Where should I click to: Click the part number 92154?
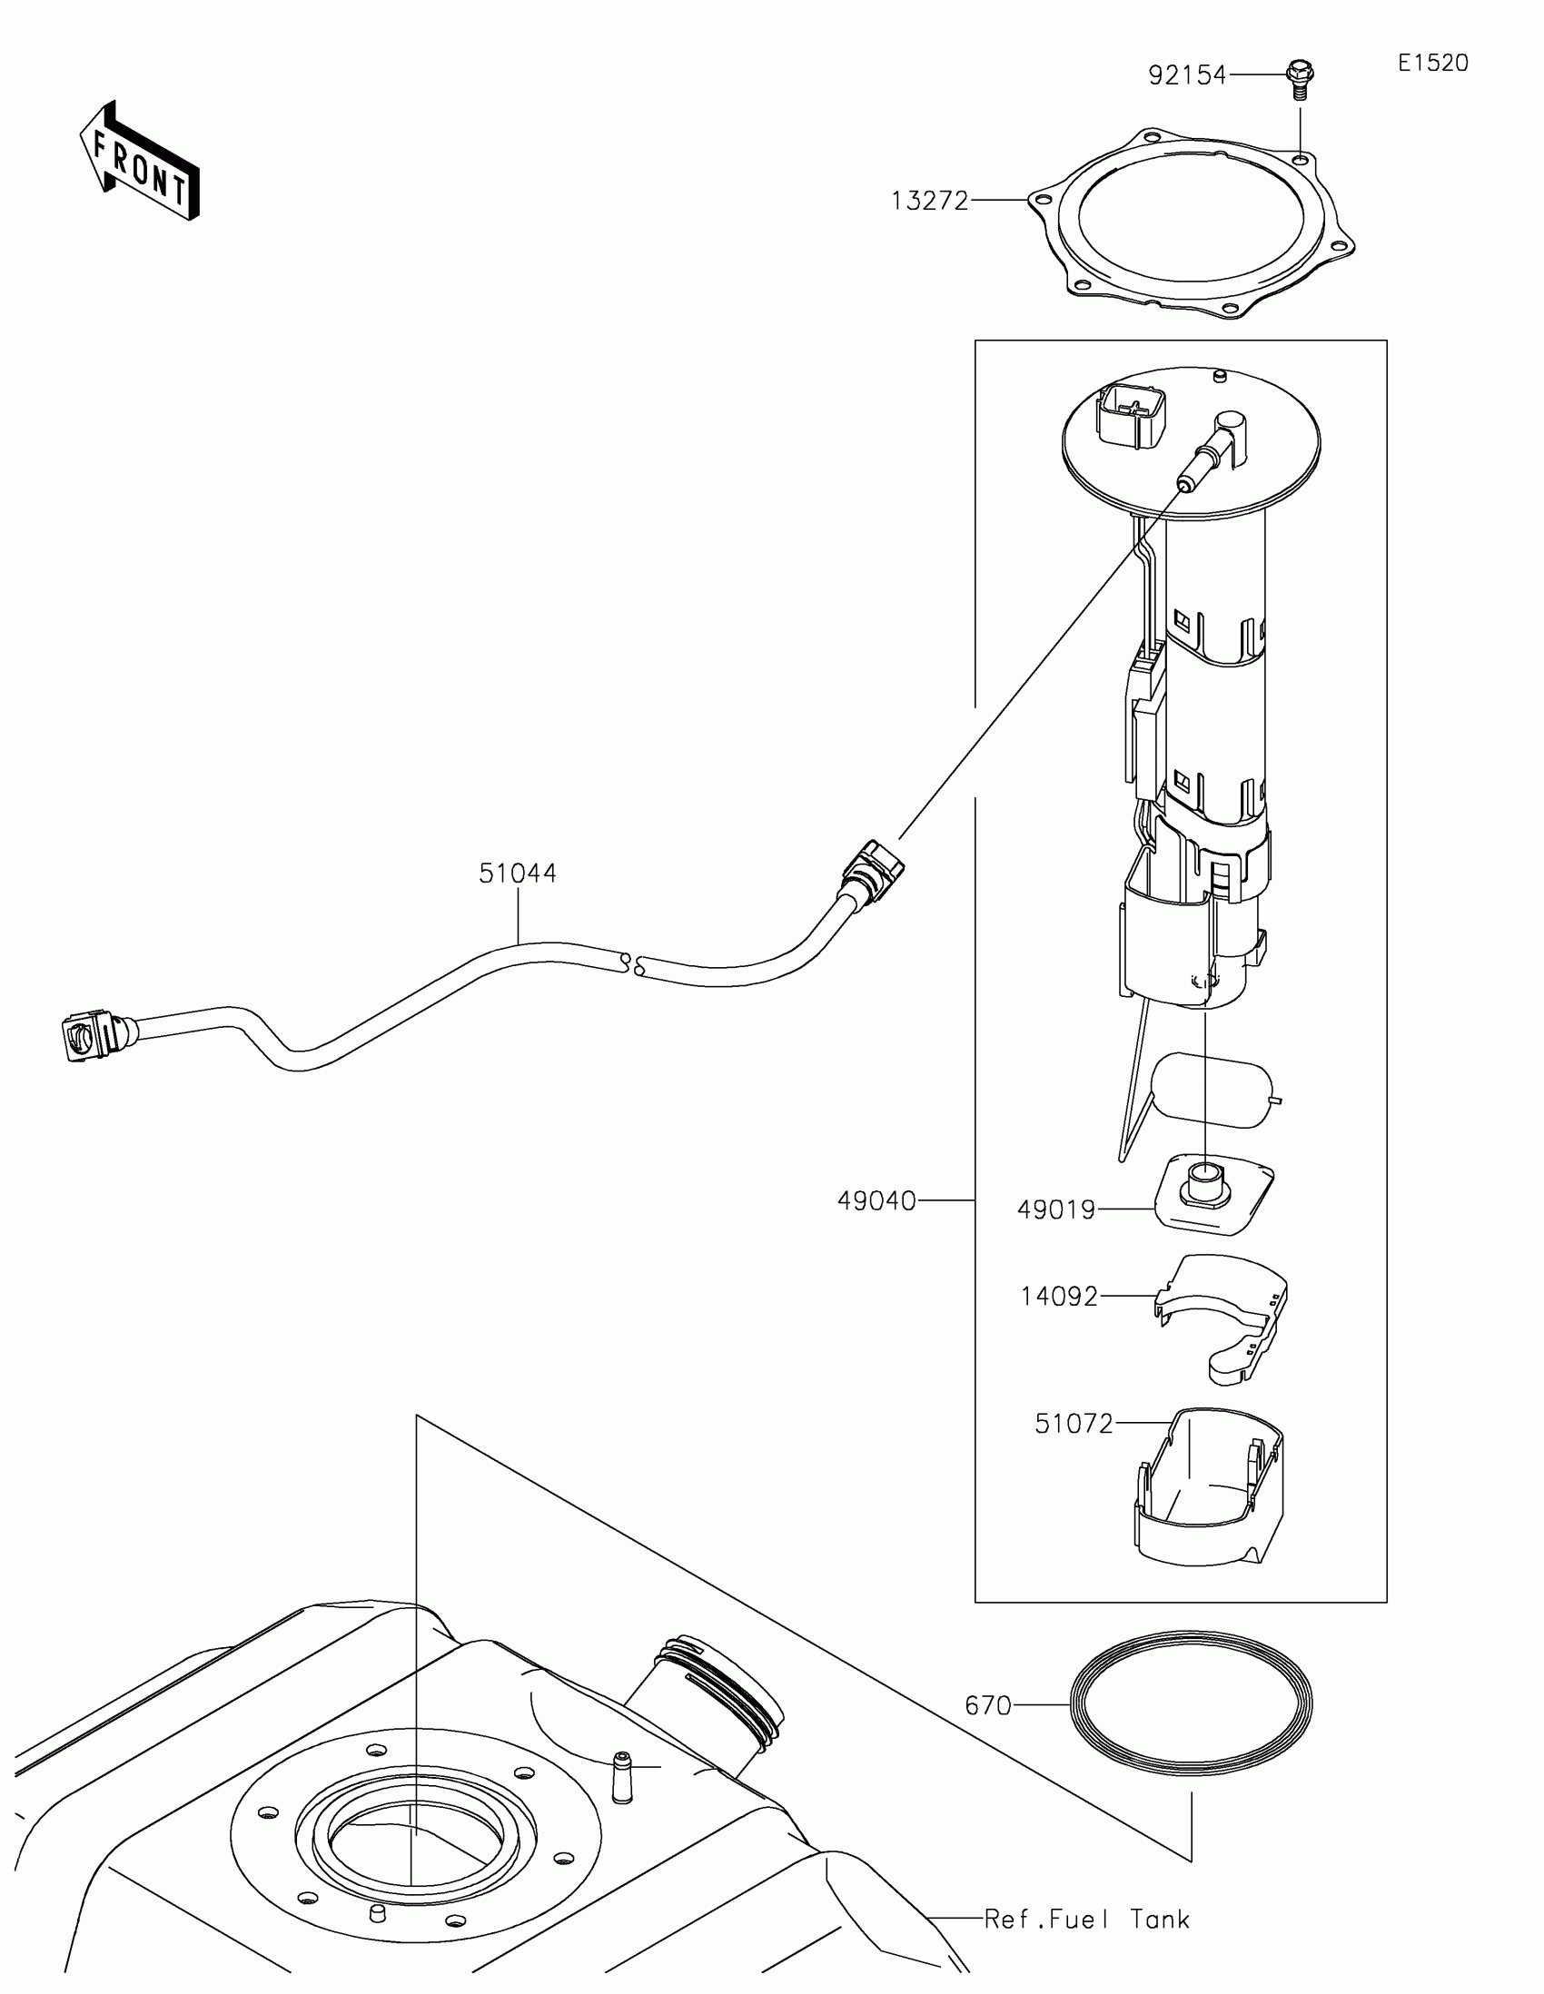1187,74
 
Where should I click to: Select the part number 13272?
929,200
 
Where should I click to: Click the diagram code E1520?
1432,63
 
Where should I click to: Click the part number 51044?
518,874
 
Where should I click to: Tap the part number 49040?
876,1201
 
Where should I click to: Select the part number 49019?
1056,1210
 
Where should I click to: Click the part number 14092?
1059,1296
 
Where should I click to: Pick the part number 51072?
1074,1424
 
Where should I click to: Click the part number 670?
988,1704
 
